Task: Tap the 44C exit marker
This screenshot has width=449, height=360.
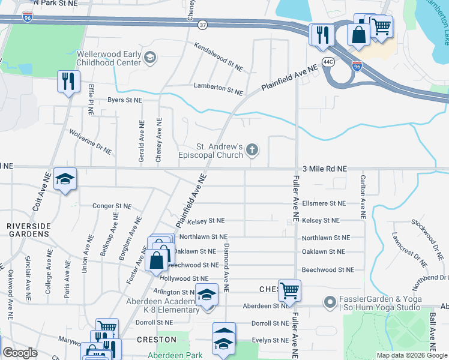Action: (x=327, y=61)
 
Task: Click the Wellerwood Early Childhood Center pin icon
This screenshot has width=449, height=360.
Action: (x=150, y=58)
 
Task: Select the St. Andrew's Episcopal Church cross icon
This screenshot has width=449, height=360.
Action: (x=253, y=150)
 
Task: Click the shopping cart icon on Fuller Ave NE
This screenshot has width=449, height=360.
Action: (x=289, y=290)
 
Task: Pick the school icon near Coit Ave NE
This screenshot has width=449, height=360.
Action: (x=65, y=179)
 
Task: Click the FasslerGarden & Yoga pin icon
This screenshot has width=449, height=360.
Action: (x=329, y=302)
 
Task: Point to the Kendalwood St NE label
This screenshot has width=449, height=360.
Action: (x=218, y=57)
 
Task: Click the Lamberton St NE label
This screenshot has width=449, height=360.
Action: (x=218, y=89)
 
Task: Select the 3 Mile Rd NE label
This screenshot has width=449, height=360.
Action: (x=325, y=169)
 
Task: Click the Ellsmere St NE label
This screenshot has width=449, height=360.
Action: (x=324, y=204)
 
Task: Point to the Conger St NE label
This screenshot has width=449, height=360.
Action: (x=112, y=206)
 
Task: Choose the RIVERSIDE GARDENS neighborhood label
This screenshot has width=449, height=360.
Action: (x=29, y=230)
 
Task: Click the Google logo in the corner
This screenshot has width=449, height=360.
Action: (x=20, y=352)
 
